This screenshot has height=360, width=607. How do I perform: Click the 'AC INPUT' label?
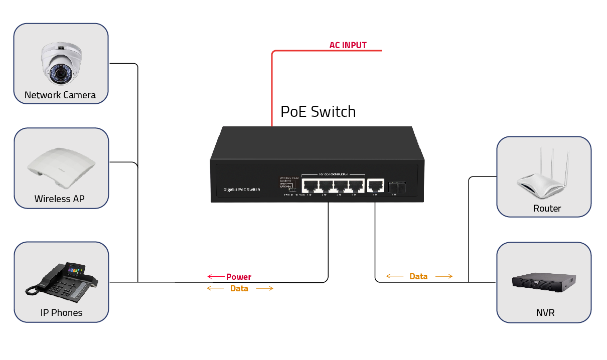pos(348,45)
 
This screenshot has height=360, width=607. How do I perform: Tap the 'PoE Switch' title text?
pos(318,111)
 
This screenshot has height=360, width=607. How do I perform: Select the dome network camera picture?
pos(61,64)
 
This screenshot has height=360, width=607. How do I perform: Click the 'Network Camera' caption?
pos(60,95)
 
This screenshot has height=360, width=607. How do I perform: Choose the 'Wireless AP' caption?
pos(59,199)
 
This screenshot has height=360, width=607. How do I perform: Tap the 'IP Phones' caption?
pos(61,313)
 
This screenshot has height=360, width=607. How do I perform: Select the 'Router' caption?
pos(547,208)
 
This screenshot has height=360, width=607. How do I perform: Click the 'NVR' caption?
pos(545,313)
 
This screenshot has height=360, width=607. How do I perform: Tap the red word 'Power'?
pos(239,277)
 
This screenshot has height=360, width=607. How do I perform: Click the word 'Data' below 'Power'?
pos(239,288)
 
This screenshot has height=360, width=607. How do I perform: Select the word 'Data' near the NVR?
pos(418,276)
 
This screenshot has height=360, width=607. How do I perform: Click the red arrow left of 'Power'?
pos(216,277)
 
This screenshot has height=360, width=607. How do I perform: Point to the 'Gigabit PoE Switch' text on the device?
pos(242,189)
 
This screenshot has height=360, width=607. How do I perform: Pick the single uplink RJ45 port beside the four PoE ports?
pos(375,186)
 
